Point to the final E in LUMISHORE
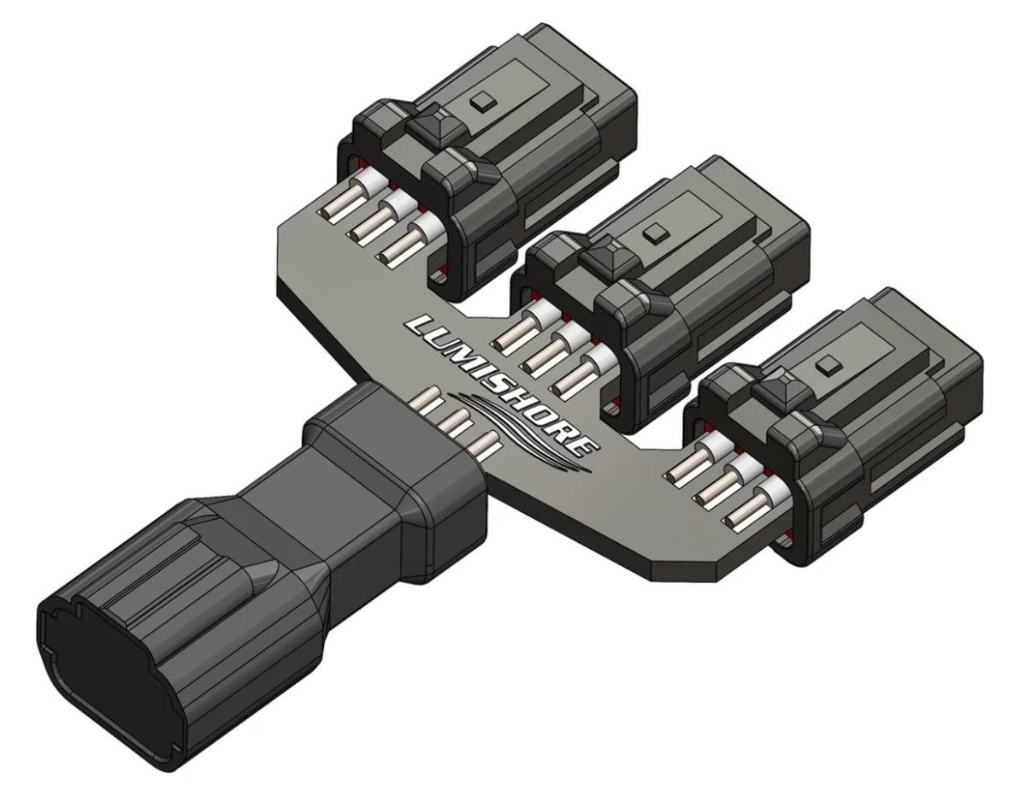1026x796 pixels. click(582, 445)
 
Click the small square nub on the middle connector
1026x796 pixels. click(657, 232)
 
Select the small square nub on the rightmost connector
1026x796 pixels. click(826, 366)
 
